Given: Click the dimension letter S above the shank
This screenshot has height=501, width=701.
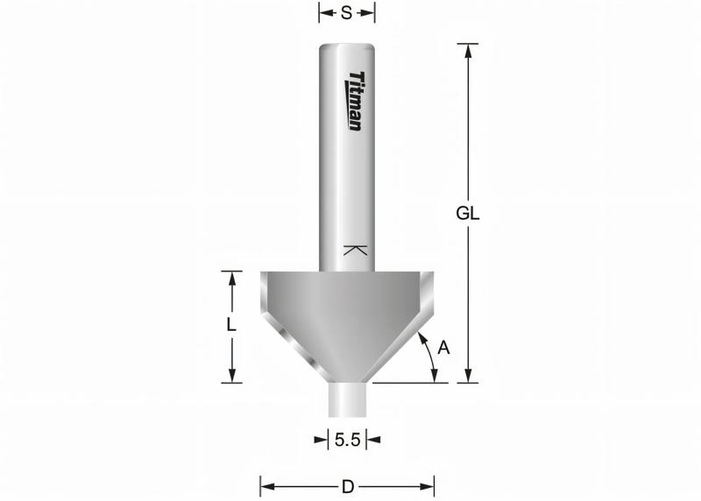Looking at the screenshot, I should [x=346, y=13].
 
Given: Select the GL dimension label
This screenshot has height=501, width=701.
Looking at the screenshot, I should [x=470, y=214].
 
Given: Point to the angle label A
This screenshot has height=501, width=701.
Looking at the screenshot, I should [x=443, y=348].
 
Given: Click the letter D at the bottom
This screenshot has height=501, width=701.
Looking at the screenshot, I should [x=347, y=485].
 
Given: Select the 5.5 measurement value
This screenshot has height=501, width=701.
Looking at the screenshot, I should [x=347, y=440].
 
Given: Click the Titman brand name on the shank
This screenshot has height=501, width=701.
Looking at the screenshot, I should [x=356, y=101].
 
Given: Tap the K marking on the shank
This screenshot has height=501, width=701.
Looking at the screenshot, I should [x=353, y=250].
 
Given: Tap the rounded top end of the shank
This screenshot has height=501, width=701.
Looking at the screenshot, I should [x=347, y=47].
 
